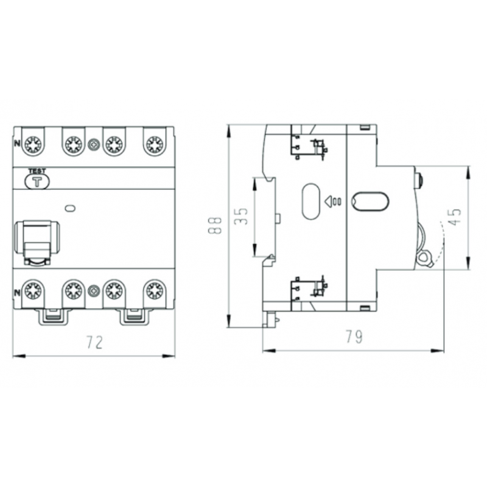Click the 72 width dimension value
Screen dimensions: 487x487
(94, 342)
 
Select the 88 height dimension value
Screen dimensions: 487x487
(215, 225)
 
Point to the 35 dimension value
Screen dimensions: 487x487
(241, 216)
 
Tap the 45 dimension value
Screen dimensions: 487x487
(455, 217)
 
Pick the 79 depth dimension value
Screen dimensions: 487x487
(354, 337)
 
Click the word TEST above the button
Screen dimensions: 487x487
(37, 171)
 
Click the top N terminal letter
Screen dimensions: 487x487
(18, 143)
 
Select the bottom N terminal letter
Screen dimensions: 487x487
(18, 293)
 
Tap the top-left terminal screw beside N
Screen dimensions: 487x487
(33, 144)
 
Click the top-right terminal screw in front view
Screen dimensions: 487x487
(155, 144)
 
